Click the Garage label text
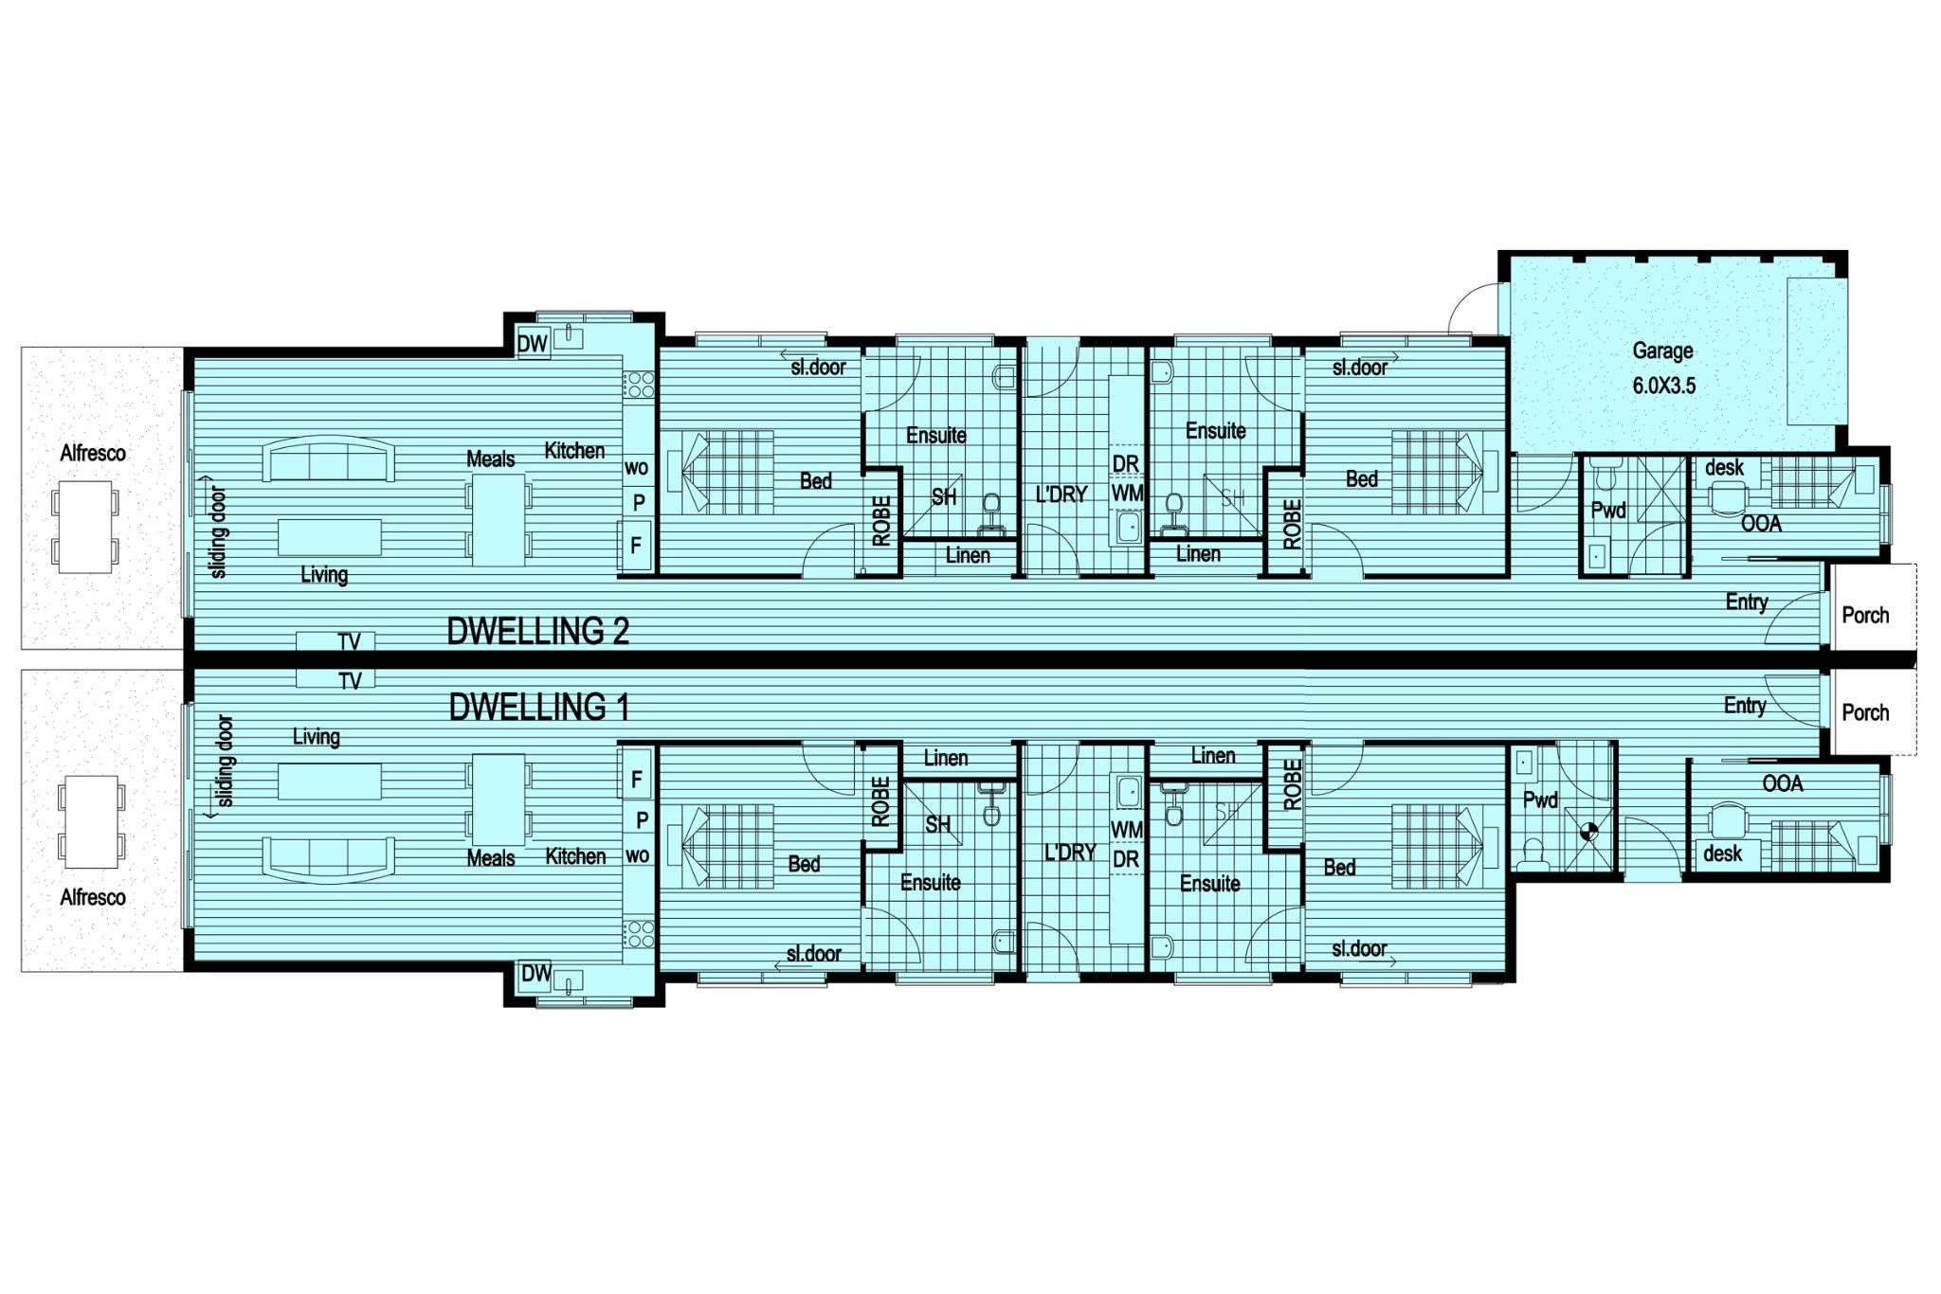coord(1662,350)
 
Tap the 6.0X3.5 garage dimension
coord(1663,386)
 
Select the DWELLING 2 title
coord(537,631)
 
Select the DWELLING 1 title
coord(538,707)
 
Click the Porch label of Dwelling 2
coord(1865,615)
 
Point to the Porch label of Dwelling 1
coord(1865,712)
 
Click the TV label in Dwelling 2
coord(349,642)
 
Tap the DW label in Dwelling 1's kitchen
coord(535,973)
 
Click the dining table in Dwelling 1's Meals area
coord(499,800)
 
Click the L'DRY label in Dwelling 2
coord(1061,494)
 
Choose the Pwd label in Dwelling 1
coord(1540,800)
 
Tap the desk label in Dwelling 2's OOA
coord(1724,467)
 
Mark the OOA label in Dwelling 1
coord(1782,783)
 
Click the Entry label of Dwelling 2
coord(1746,602)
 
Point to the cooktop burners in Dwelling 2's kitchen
coord(638,384)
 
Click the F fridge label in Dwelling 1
coord(637,780)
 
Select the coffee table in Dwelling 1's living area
coord(330,782)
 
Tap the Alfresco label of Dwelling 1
coord(93,897)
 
